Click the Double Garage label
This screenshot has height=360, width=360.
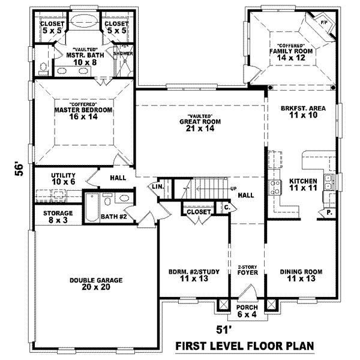click(x=96, y=284)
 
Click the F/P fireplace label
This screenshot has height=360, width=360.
click(x=323, y=22)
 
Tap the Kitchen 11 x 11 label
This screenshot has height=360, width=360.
click(x=303, y=185)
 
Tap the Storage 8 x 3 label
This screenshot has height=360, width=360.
click(x=58, y=217)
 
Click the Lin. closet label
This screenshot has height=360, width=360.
click(x=158, y=187)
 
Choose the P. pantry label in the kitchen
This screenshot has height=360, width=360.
click(x=329, y=212)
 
